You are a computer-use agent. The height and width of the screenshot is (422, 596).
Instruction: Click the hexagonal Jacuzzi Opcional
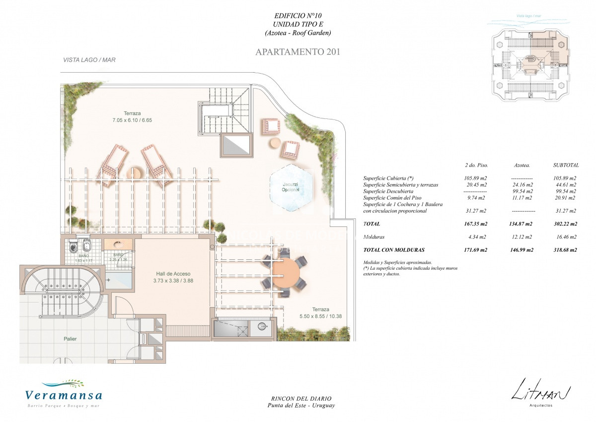click(291, 189)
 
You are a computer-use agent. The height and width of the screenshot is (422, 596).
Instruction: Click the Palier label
click(70, 339)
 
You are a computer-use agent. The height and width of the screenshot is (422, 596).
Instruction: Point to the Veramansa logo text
click(64, 396)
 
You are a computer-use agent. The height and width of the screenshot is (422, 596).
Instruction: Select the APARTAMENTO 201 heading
click(298, 52)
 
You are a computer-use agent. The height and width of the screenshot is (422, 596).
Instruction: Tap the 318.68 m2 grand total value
click(565, 250)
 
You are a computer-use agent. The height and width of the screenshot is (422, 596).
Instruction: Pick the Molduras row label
click(374, 237)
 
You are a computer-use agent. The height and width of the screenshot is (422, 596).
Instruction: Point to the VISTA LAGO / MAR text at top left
click(89, 60)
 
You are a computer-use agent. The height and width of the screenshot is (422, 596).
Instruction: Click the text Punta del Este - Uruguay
click(298, 406)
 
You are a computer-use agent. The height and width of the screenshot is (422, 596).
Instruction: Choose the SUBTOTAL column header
click(566, 165)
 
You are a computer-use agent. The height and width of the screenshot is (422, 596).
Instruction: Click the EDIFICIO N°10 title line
click(298, 16)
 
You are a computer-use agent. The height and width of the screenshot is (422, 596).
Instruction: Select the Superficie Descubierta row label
click(388, 191)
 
